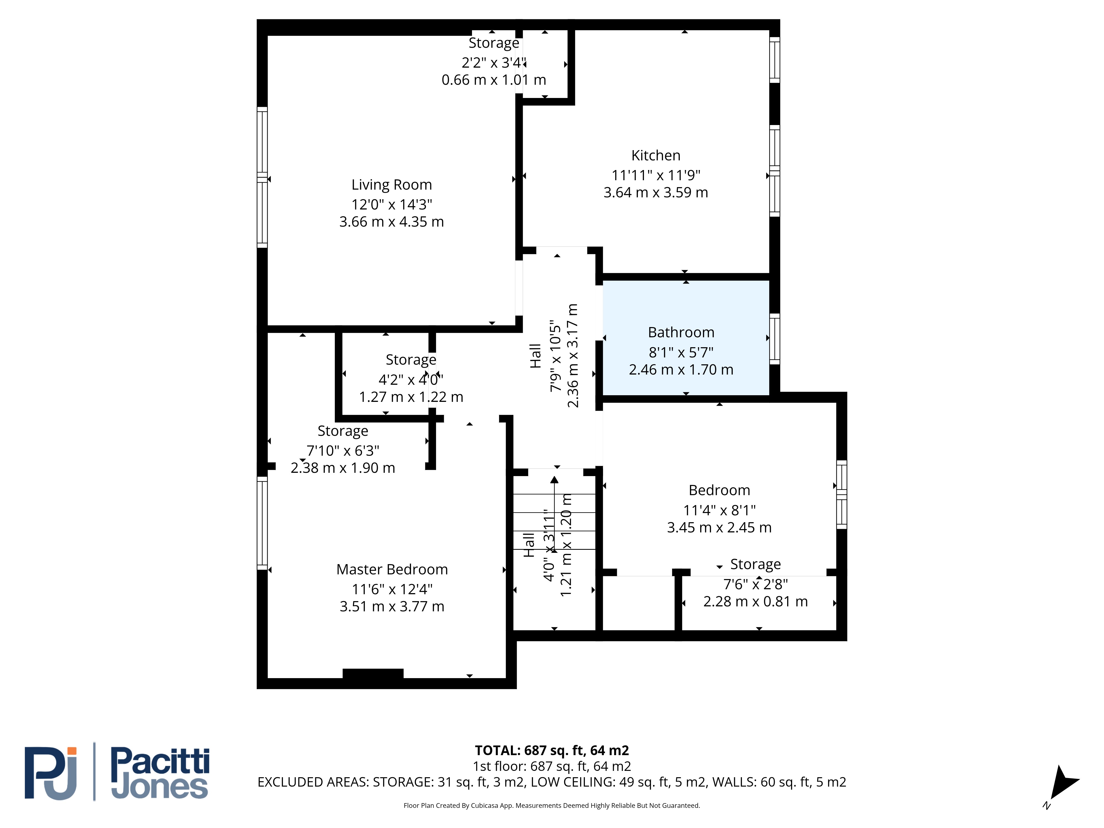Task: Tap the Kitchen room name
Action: pos(656,156)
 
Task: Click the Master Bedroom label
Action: pos(392,569)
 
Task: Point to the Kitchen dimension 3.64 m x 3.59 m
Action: pos(656,193)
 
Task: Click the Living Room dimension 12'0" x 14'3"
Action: pos(392,205)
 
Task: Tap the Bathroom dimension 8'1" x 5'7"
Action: pos(681,353)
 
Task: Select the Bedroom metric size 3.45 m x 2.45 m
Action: pos(719,527)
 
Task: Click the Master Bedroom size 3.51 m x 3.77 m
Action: pos(392,606)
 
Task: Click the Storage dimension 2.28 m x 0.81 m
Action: pos(756,601)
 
